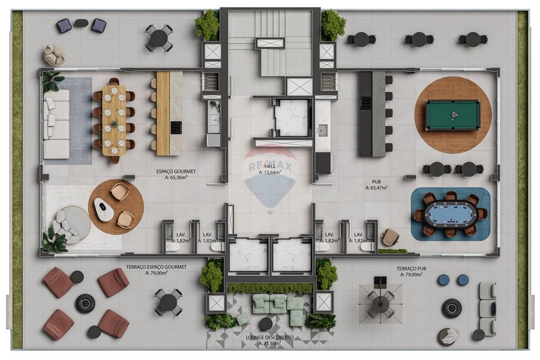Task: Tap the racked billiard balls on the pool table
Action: tap(453, 114)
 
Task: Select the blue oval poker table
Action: tap(450, 214)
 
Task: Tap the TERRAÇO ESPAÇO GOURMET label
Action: tap(157, 267)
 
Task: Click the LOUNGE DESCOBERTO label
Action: tap(269, 337)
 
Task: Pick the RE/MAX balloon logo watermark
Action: tap(270, 178)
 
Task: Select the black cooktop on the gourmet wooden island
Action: tap(176, 128)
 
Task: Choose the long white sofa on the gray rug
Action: tap(57, 125)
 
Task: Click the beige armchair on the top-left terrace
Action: tap(54, 54)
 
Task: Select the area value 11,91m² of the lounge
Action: tap(270, 343)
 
